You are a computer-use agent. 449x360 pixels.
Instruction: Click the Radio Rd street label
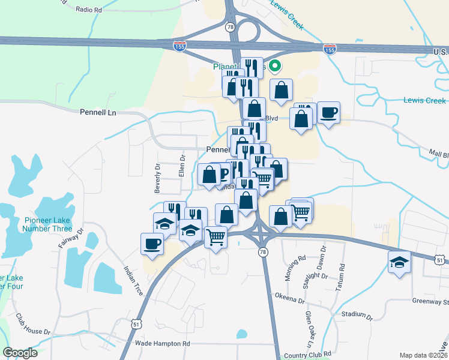[89, 10]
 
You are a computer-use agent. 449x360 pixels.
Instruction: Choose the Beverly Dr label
[158, 178]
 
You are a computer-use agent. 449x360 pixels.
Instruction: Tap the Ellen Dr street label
[181, 166]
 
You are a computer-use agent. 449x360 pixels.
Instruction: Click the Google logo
[20, 353]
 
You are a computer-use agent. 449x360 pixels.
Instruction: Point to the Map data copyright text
[424, 355]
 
